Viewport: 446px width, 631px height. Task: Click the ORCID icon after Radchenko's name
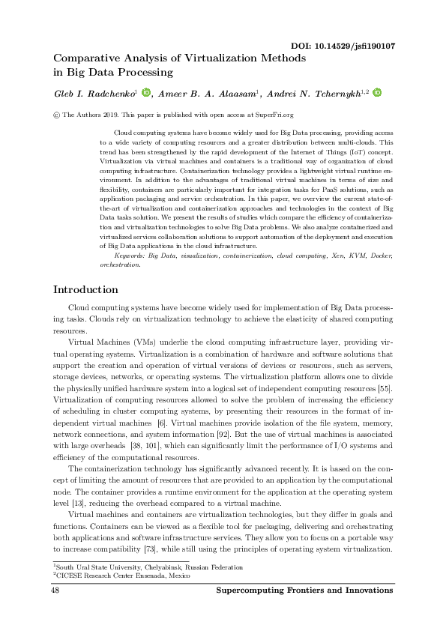tap(145, 93)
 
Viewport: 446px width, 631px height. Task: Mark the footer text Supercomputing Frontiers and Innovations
tap(306, 592)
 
